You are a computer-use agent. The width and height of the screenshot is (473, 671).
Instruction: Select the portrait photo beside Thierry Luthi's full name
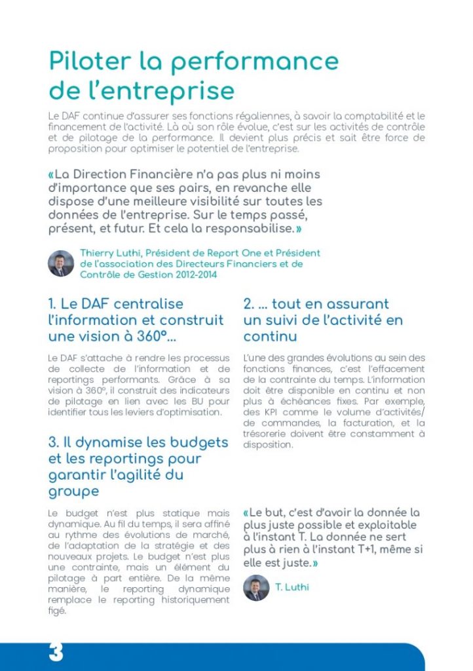point(61,263)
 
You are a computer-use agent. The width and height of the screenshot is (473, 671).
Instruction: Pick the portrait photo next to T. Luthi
point(256,587)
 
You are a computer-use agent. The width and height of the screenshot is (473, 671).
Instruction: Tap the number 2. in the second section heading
point(249,304)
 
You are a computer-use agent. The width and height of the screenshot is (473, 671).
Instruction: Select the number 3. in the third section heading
point(53,442)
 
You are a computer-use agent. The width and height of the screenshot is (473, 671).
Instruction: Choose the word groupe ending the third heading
point(73,491)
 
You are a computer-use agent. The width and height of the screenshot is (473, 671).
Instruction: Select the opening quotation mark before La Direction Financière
point(51,175)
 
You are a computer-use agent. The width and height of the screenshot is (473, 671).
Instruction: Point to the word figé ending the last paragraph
point(58,611)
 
